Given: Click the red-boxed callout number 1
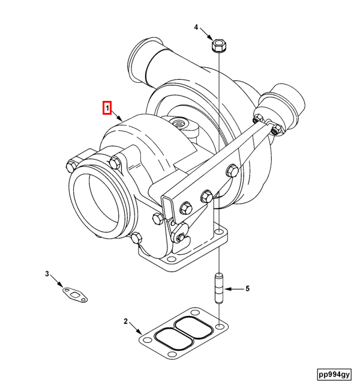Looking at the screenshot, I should (106, 109).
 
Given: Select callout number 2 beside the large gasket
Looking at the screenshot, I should (126, 321).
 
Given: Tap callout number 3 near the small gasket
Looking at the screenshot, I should (47, 274).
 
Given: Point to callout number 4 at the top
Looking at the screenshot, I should (196, 27).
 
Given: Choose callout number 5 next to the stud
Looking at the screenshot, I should (247, 289).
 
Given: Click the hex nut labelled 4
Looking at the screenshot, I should (218, 46).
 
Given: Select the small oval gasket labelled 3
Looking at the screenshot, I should (75, 293).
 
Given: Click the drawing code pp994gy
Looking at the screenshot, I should (334, 374).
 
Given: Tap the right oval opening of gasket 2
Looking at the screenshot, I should (194, 329).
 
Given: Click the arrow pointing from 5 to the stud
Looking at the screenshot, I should (235, 289).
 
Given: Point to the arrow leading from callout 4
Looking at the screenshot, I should (206, 34).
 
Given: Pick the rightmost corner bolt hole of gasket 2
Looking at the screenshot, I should (221, 326).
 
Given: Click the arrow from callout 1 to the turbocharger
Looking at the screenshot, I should (116, 115).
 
